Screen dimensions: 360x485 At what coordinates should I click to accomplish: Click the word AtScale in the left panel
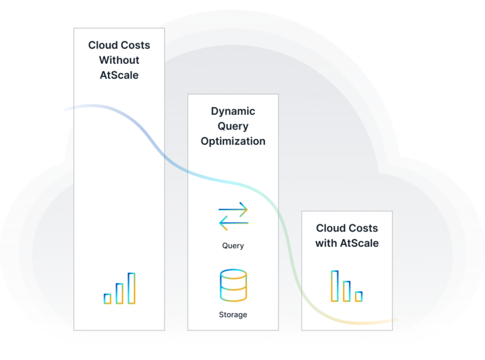click(x=119, y=76)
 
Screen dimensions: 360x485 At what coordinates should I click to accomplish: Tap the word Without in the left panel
click(x=119, y=61)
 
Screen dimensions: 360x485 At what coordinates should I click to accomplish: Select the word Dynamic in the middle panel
click(x=233, y=111)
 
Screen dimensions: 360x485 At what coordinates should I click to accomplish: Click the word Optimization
click(x=233, y=141)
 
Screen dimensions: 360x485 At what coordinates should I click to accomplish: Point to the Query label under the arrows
click(x=233, y=246)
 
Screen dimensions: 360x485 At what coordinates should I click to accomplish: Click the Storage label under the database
click(x=233, y=315)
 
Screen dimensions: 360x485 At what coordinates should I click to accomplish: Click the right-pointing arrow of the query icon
click(x=234, y=209)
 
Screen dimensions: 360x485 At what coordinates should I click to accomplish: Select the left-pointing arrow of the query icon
click(x=232, y=222)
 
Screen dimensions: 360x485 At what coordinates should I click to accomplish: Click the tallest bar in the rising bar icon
click(x=131, y=288)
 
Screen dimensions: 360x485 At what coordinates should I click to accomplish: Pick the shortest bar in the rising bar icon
click(x=107, y=299)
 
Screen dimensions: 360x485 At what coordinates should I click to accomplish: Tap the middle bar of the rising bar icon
click(x=119, y=294)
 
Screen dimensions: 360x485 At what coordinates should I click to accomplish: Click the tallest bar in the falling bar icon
click(x=335, y=285)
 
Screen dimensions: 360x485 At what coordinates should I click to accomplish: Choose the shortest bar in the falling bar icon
click(x=359, y=296)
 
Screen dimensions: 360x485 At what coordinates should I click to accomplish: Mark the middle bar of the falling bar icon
click(x=347, y=291)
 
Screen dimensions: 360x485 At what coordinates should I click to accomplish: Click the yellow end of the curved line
click(x=394, y=320)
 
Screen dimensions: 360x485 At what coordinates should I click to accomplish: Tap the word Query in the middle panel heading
click(x=233, y=126)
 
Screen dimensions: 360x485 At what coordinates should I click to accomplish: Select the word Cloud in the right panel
click(x=330, y=228)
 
